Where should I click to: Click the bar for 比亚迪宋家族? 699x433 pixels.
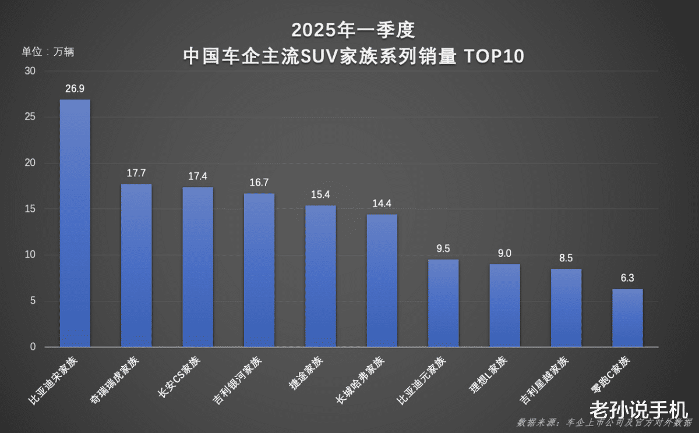(75, 223)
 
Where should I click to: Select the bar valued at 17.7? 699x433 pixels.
(136, 265)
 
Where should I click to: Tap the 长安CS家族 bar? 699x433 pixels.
(198, 267)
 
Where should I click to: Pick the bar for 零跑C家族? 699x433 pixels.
(627, 318)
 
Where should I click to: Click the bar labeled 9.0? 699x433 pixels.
(504, 306)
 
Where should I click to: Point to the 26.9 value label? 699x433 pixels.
(75, 88)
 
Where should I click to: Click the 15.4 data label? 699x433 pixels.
(320, 194)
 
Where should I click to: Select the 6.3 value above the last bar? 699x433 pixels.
(627, 278)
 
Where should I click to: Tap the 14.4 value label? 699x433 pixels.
(382, 204)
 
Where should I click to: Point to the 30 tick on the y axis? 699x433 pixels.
(29, 71)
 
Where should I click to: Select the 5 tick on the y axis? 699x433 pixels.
(33, 301)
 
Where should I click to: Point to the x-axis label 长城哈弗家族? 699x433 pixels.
(360, 381)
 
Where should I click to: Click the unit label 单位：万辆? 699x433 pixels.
(48, 51)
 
